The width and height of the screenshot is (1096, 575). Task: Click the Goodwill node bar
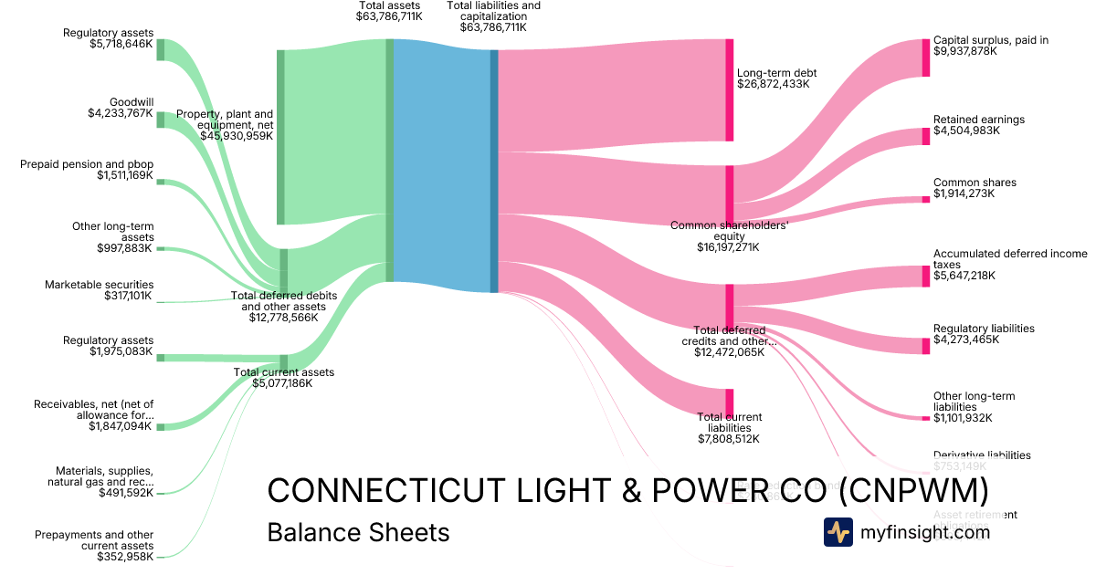tap(161, 120)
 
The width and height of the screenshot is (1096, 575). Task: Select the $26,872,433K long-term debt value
tap(774, 84)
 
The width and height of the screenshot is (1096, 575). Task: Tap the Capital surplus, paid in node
tap(925, 57)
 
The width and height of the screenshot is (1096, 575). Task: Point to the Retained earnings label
tap(978, 120)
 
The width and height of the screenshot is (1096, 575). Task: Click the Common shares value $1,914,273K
tap(966, 194)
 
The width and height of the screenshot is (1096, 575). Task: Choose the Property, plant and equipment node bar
tap(280, 137)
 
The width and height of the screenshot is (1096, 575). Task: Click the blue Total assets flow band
tap(442, 164)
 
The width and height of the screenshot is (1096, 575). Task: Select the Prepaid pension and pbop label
tap(87, 164)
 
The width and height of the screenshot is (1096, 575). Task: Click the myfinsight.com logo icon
tap(838, 532)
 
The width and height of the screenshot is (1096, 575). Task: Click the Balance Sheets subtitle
tap(358, 532)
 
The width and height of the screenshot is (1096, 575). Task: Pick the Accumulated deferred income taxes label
tap(1009, 259)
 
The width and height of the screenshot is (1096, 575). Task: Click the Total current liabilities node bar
tap(729, 402)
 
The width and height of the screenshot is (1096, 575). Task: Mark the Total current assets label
tap(283, 372)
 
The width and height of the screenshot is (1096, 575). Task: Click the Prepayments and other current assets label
tap(94, 540)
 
